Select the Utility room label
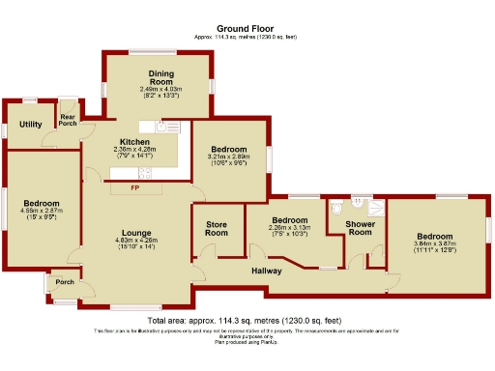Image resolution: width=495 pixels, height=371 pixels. tap(30, 125)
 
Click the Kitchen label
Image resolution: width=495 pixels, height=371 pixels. tap(134, 142)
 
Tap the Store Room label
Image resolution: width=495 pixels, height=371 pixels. tap(217, 229)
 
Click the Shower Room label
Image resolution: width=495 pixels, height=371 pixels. tap(360, 228)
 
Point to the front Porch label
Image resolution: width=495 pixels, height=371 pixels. tap(64, 283)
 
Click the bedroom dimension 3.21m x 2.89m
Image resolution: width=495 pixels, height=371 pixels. tap(228, 157)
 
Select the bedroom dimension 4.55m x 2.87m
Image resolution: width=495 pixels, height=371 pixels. tap(42, 212)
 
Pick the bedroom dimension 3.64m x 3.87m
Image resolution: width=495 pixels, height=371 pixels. tap(434, 245)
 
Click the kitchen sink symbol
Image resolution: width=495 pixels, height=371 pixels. tap(166, 126)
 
